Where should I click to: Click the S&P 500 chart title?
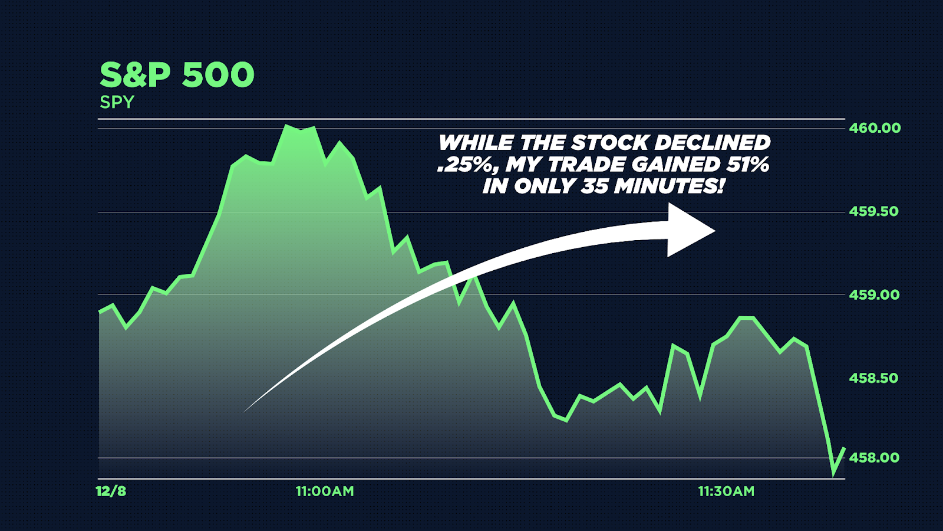pos(177,74)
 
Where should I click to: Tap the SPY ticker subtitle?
pos(117,102)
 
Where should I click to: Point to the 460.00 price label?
pos(875,127)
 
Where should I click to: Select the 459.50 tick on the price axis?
pos(873,211)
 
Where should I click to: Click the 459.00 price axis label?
pos(874,294)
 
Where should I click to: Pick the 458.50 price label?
pos(873,378)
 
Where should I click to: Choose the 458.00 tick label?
pos(874,457)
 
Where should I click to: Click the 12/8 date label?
pos(111,491)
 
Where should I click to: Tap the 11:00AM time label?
pos(325,491)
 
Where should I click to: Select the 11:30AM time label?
pos(726,491)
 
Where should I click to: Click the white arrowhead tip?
pos(716,231)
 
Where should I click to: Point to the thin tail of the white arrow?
pos(245,411)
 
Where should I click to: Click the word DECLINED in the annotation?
pos(712,143)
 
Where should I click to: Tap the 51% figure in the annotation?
pos(746,165)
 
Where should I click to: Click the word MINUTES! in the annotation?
pos(669,186)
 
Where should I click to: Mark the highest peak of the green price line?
pos(286,125)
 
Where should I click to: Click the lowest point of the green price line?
pos(833,475)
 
